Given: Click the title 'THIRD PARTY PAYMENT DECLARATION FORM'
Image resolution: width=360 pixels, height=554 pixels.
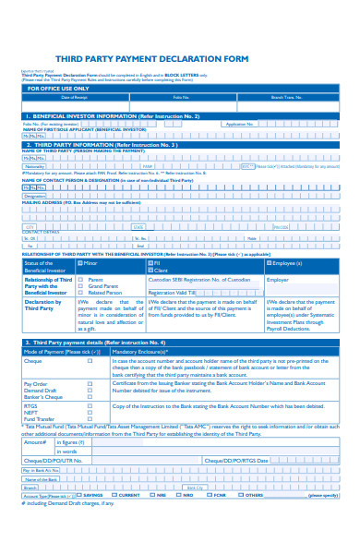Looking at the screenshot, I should (x=179, y=57).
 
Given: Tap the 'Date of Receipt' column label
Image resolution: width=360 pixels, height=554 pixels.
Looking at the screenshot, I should (x=74, y=97).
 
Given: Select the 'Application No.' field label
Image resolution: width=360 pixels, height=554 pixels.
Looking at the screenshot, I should (x=239, y=124).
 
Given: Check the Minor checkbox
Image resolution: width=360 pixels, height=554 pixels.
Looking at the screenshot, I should (x=81, y=263).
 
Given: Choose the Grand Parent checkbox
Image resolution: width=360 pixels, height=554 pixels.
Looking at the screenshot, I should (x=81, y=286).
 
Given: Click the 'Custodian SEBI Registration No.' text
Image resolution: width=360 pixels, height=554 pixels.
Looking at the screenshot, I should (x=198, y=279).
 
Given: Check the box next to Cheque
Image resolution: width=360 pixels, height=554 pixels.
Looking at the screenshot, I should (x=90, y=362).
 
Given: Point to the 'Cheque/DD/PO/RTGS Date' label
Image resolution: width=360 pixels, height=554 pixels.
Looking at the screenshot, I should (x=235, y=460).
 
